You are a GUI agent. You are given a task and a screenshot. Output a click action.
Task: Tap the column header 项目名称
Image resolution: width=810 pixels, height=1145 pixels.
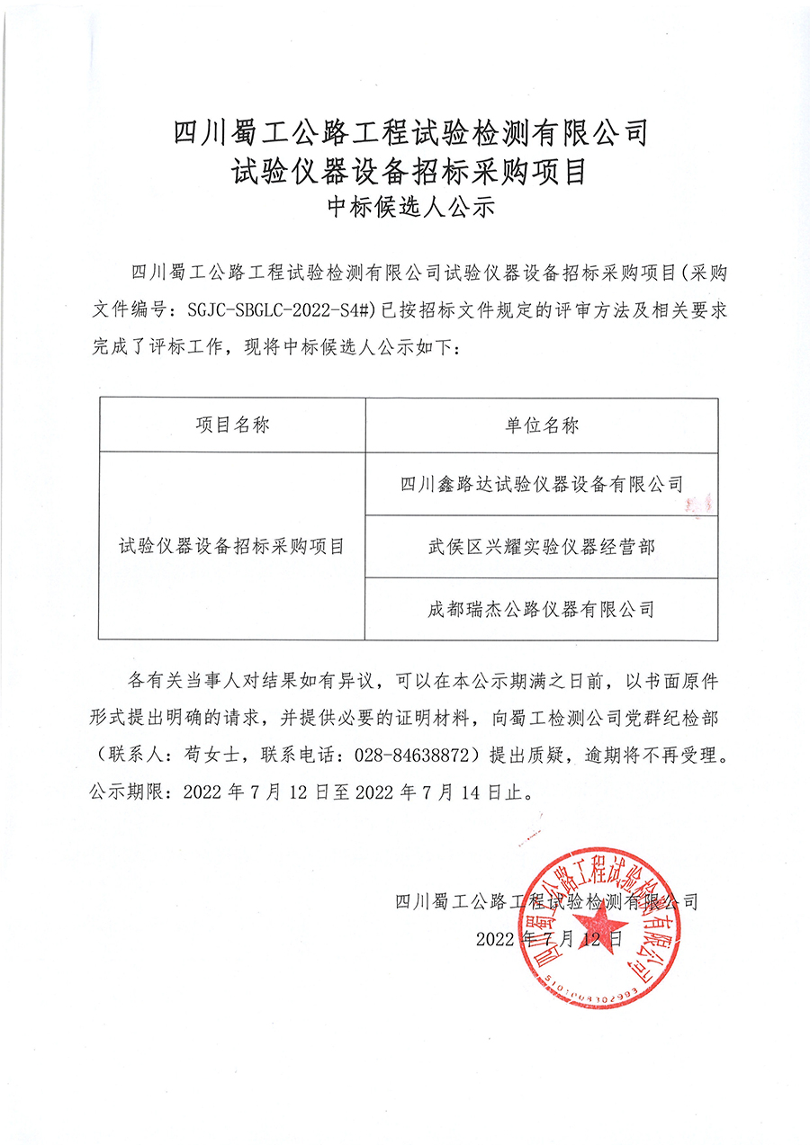232,425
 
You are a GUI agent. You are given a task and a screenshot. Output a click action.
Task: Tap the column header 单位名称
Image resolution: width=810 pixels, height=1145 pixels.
542,425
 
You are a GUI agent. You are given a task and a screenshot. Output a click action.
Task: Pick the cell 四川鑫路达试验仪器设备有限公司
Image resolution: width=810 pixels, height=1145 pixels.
542,485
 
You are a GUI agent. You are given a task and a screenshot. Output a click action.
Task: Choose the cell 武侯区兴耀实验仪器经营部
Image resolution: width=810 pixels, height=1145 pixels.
542,547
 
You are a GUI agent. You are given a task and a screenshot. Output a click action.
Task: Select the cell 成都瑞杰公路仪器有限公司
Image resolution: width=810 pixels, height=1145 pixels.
542,609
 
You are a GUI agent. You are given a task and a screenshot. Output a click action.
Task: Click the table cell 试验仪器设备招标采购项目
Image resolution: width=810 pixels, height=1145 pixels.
232,547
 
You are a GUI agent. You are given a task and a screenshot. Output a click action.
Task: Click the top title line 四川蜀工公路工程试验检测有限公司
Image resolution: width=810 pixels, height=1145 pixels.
410,132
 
